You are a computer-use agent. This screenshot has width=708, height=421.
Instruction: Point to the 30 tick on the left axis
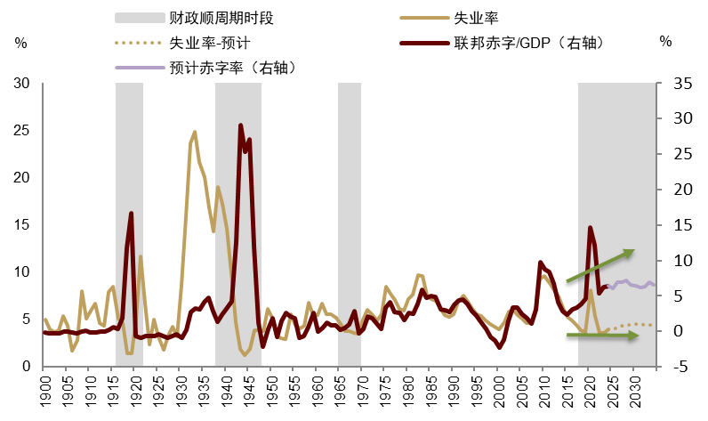pos(23,84)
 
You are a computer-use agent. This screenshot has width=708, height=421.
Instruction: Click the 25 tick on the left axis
pos(23,131)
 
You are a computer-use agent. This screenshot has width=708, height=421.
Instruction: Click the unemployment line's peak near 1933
pos(194,132)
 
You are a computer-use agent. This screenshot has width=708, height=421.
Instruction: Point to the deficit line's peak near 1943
pos(240,125)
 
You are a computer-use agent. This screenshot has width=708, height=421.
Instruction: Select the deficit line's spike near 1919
pos(131,214)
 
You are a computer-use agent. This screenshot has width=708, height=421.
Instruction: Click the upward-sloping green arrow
pos(600,266)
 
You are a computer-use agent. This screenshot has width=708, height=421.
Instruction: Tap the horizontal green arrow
pos(602,336)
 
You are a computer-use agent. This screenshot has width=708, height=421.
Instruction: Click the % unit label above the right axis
pos(666,41)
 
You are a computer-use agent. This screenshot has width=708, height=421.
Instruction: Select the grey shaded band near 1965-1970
pos(350,223)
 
